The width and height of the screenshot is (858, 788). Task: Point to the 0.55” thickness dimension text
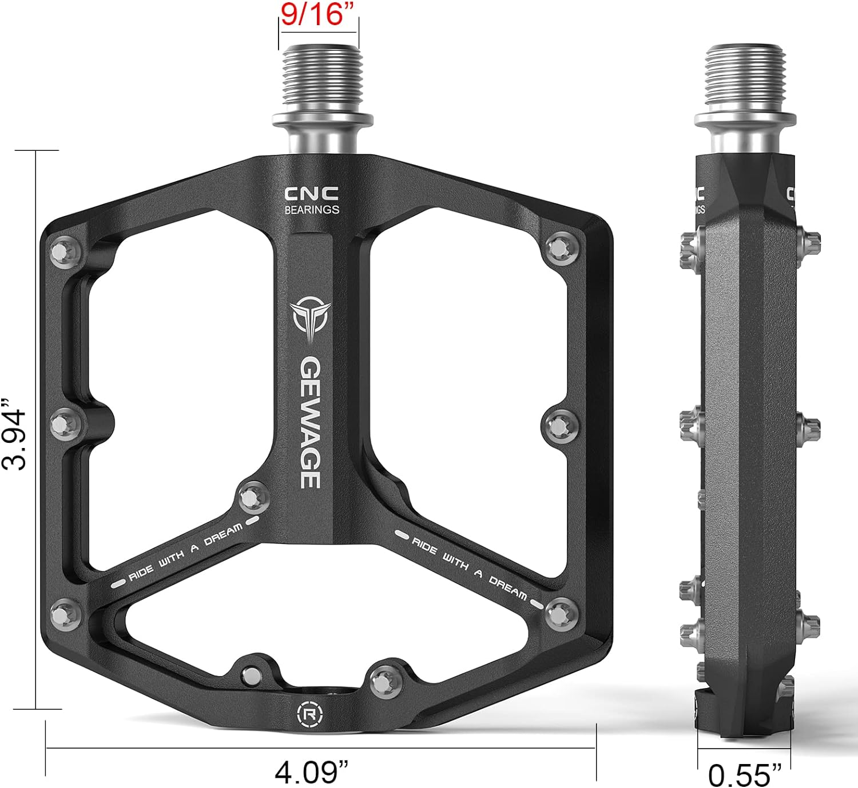coord(744,775)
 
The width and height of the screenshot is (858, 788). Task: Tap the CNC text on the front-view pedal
coord(312,194)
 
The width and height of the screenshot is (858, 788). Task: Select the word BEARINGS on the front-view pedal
coord(312,210)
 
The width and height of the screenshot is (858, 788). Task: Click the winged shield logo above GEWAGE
coord(311,318)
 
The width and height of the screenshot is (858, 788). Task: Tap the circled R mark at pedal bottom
coord(309,714)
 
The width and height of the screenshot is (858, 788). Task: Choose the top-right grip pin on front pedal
coord(557,247)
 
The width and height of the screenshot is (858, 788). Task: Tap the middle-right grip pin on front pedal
coord(557,425)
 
